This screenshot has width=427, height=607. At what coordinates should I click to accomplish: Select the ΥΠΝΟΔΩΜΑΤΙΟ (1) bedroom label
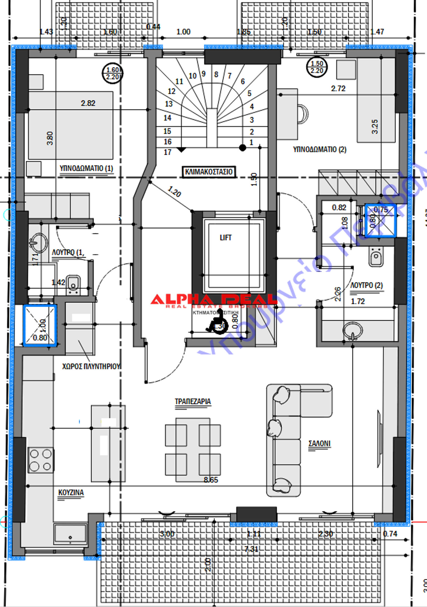86,168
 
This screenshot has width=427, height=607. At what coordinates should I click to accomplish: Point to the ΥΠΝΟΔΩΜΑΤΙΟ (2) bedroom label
320,149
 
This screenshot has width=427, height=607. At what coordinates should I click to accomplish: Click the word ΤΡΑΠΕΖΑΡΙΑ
193,401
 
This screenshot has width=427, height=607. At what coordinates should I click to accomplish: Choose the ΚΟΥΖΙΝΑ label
71,492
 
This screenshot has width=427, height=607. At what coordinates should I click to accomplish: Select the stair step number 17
168,152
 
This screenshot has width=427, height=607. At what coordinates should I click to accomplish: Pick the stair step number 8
216,75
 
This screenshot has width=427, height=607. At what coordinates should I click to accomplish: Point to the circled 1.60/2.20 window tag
113,73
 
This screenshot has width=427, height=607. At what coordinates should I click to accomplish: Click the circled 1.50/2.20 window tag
317,67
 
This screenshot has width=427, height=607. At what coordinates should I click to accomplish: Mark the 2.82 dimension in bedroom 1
88,103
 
